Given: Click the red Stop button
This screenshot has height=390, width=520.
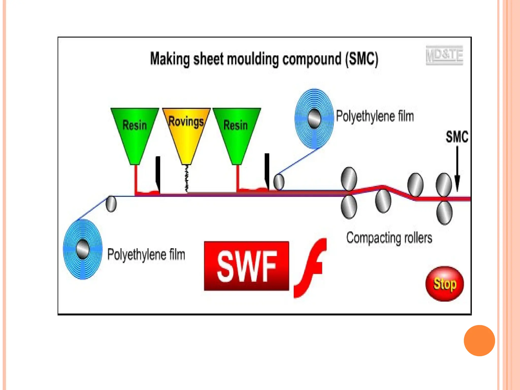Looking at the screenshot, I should click(444, 284).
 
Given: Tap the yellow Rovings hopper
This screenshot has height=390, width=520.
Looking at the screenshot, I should click(186, 132).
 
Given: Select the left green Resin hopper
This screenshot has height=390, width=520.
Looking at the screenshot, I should click(135, 132).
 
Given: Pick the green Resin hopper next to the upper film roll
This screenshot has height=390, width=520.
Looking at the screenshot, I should click(236, 132).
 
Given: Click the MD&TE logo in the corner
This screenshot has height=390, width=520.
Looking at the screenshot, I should click(444, 55).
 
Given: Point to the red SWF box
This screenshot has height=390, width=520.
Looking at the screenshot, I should click(247, 266).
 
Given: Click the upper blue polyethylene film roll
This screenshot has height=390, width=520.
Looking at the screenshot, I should click(314, 118).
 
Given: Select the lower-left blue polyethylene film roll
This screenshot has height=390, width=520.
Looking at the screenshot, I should click(83, 249).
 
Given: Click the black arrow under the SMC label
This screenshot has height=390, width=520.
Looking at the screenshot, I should click(457, 169).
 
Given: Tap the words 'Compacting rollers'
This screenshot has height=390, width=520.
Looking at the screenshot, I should click(389, 238).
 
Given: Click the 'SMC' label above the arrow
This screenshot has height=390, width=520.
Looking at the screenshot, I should click(457, 137).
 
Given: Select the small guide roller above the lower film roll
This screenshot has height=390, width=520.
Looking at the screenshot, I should click(111, 204).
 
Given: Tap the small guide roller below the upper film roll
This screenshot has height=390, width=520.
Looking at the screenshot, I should click(279, 182).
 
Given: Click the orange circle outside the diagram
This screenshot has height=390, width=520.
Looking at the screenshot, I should click(479, 340).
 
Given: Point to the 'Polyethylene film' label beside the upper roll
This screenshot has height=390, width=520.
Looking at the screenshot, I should click(375, 116).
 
